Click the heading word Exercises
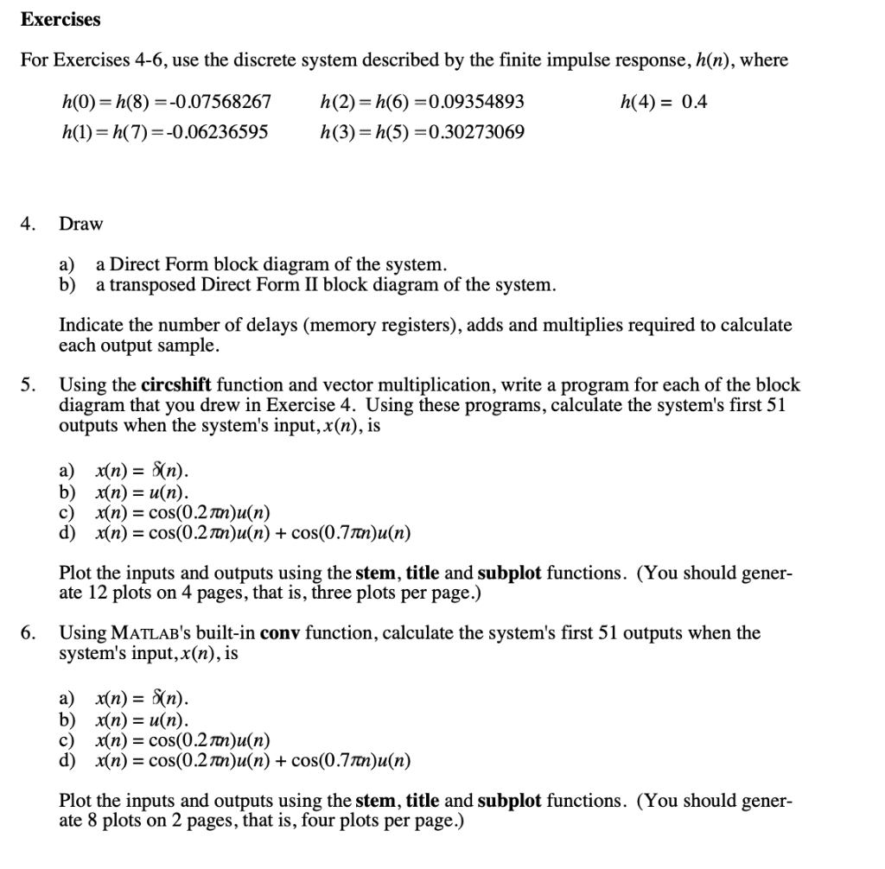(60, 19)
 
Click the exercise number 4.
(28, 225)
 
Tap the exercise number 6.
(28, 633)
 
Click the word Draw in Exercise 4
(80, 225)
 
